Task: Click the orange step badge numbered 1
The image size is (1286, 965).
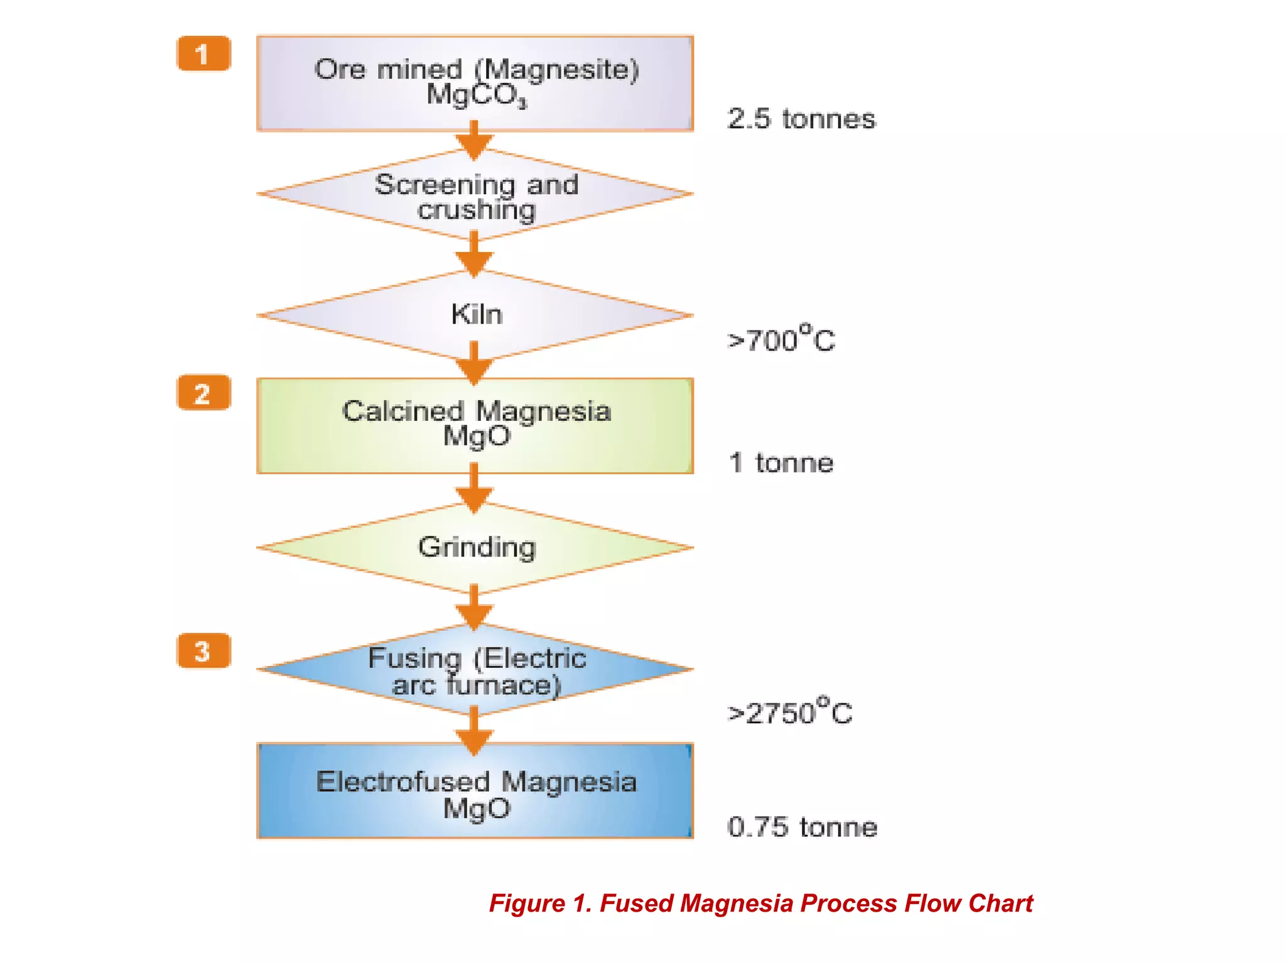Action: tap(203, 54)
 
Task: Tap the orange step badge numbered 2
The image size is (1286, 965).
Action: tap(203, 393)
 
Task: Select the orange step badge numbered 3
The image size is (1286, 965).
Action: tap(203, 651)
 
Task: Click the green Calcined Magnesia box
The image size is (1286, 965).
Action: tap(475, 425)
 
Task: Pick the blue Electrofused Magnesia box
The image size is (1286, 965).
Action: tap(475, 793)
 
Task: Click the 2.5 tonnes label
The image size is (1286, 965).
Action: tap(801, 119)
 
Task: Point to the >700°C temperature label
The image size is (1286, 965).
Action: tap(781, 339)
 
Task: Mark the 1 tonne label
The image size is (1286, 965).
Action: tap(781, 463)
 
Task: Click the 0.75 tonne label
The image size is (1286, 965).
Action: tap(802, 827)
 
